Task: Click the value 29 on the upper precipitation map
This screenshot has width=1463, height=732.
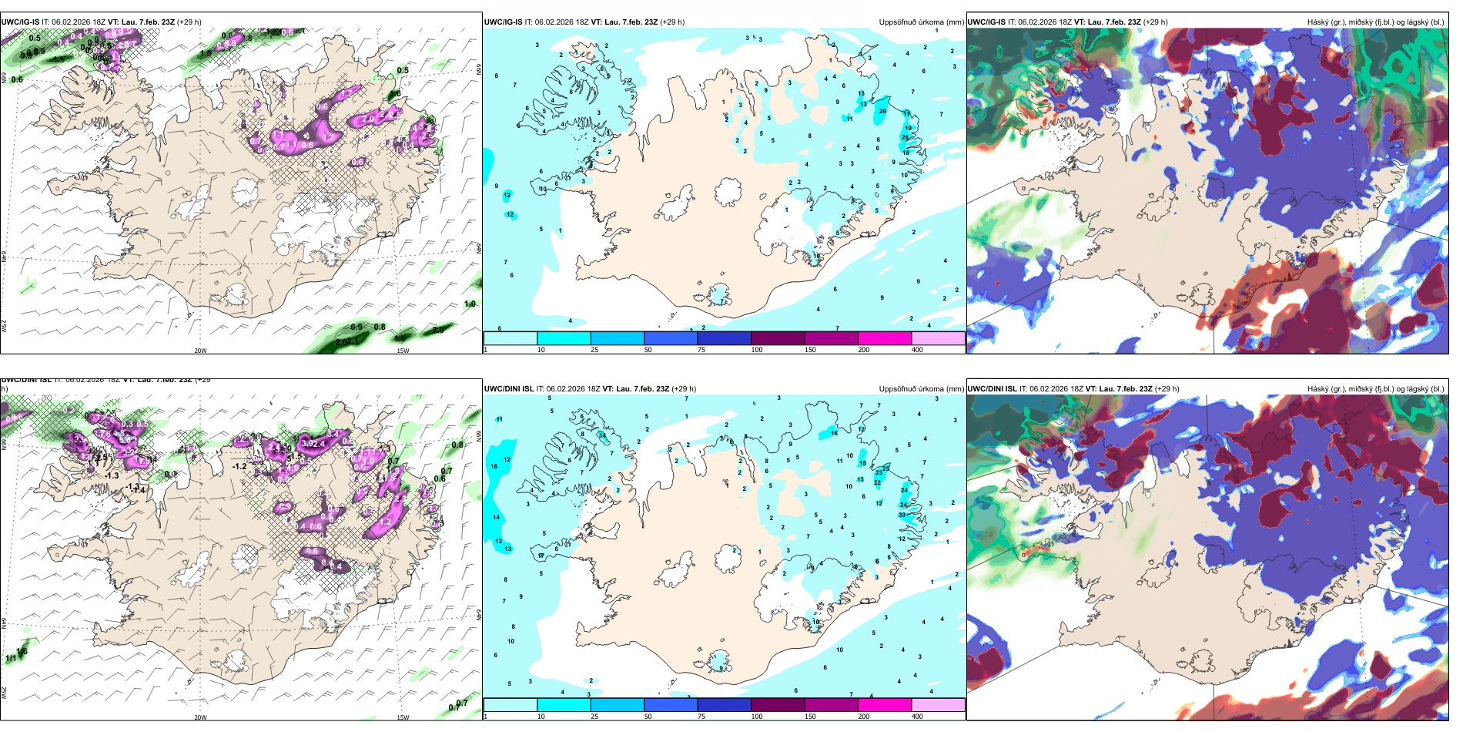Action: click(x=882, y=111)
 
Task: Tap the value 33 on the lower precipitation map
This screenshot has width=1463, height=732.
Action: click(x=902, y=515)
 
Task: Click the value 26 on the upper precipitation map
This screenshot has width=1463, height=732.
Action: click(x=905, y=137)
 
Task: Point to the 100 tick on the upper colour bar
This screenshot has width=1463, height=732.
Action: click(x=757, y=350)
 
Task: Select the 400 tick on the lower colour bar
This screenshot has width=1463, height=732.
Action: click(x=917, y=717)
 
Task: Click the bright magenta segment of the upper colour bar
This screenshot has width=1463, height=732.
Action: click(x=885, y=338)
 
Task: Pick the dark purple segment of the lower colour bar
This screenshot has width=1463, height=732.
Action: click(x=778, y=705)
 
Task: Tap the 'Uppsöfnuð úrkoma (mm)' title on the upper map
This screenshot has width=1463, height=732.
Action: click(x=921, y=22)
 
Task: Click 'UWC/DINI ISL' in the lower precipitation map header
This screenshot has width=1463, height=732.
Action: click(x=509, y=389)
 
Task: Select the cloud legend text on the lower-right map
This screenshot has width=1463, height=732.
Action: click(x=1375, y=389)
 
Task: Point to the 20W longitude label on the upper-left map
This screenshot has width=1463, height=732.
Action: click(x=200, y=351)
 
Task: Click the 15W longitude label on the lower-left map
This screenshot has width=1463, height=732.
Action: click(x=403, y=717)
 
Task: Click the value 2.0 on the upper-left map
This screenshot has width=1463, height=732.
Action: click(x=368, y=119)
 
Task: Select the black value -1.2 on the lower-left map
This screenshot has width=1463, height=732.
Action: click(x=239, y=466)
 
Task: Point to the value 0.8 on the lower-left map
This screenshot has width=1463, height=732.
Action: click(x=457, y=445)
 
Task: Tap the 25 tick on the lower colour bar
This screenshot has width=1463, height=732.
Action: click(x=594, y=717)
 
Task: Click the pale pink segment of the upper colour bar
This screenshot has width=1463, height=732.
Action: click(x=938, y=338)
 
